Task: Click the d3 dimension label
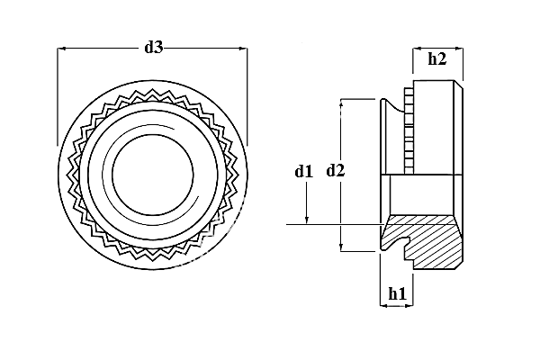tap(153, 48)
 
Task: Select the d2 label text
tap(336, 170)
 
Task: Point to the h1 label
tap(397, 292)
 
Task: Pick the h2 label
tap(436, 59)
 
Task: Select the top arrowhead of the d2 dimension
tap(341, 103)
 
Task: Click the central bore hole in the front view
tap(151, 172)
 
